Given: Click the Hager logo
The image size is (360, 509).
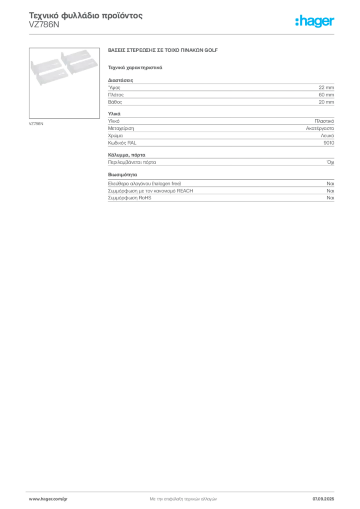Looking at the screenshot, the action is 315,21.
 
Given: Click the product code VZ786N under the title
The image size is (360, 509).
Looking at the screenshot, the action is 44,25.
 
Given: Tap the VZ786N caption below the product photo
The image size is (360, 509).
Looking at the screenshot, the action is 36,124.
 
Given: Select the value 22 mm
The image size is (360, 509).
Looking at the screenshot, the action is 326,87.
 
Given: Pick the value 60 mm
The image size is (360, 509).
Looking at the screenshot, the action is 326,95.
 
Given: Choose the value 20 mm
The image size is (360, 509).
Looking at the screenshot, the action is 326,102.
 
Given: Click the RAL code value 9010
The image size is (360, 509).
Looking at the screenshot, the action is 329,143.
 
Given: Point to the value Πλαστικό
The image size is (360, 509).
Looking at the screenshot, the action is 324,121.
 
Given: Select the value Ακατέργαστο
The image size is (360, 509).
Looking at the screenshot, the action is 320,129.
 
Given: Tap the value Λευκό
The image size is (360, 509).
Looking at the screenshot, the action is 328,136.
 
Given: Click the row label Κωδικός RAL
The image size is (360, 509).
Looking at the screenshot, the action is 122,143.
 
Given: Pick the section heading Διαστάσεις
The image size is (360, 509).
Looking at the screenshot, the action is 120,80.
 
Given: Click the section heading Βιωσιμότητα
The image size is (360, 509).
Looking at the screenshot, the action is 122,174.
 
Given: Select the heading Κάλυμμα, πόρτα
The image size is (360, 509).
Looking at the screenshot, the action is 127,155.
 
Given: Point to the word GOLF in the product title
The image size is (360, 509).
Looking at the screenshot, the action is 211,50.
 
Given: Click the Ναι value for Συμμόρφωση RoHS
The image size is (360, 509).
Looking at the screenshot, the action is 331,198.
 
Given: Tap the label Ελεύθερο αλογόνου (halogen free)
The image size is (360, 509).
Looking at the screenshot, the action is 145,184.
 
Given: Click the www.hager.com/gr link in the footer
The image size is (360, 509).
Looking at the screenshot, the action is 48,499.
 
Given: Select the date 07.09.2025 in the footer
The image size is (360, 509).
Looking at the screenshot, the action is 323,499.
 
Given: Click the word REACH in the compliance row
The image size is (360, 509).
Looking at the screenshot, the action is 184,191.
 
